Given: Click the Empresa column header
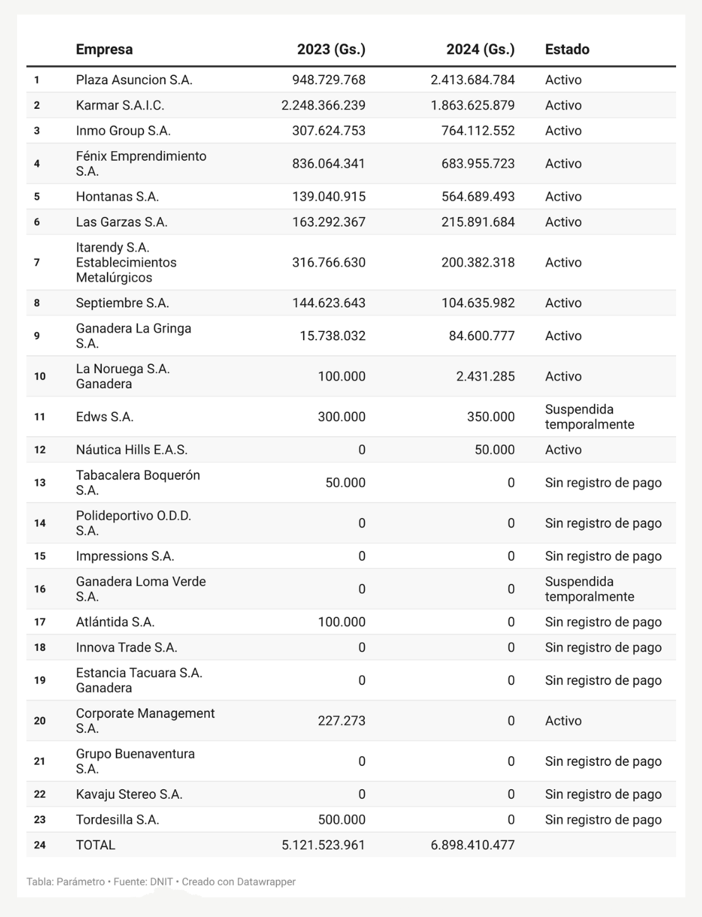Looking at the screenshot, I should [x=104, y=49].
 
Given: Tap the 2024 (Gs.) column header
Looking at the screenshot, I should [x=480, y=49].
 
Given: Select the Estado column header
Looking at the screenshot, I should [x=567, y=49].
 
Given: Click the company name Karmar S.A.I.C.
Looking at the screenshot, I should [x=120, y=105].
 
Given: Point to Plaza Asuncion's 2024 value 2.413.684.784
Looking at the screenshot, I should [x=472, y=80].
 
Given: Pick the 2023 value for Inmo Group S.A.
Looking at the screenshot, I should [x=328, y=130].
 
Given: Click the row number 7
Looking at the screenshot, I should [x=37, y=262].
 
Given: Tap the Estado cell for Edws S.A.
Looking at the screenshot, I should [x=589, y=417].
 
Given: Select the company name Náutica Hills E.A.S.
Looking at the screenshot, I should [x=132, y=450].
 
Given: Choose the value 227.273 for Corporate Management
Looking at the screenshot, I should [x=342, y=720].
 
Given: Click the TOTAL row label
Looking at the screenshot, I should [x=95, y=845].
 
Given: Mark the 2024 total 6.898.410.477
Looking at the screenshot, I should [x=472, y=845].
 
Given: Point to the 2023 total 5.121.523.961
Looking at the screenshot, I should [x=323, y=845].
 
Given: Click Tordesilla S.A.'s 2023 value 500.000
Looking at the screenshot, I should [x=342, y=820].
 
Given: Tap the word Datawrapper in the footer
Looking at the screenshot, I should [x=266, y=882].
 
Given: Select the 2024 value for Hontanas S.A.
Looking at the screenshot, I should [x=477, y=197].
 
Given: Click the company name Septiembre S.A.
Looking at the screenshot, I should [x=122, y=303].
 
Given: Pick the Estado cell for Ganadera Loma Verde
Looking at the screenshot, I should [x=589, y=589].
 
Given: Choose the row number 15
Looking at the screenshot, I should [x=40, y=556].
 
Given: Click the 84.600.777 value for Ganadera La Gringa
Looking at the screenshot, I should [x=481, y=336].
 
